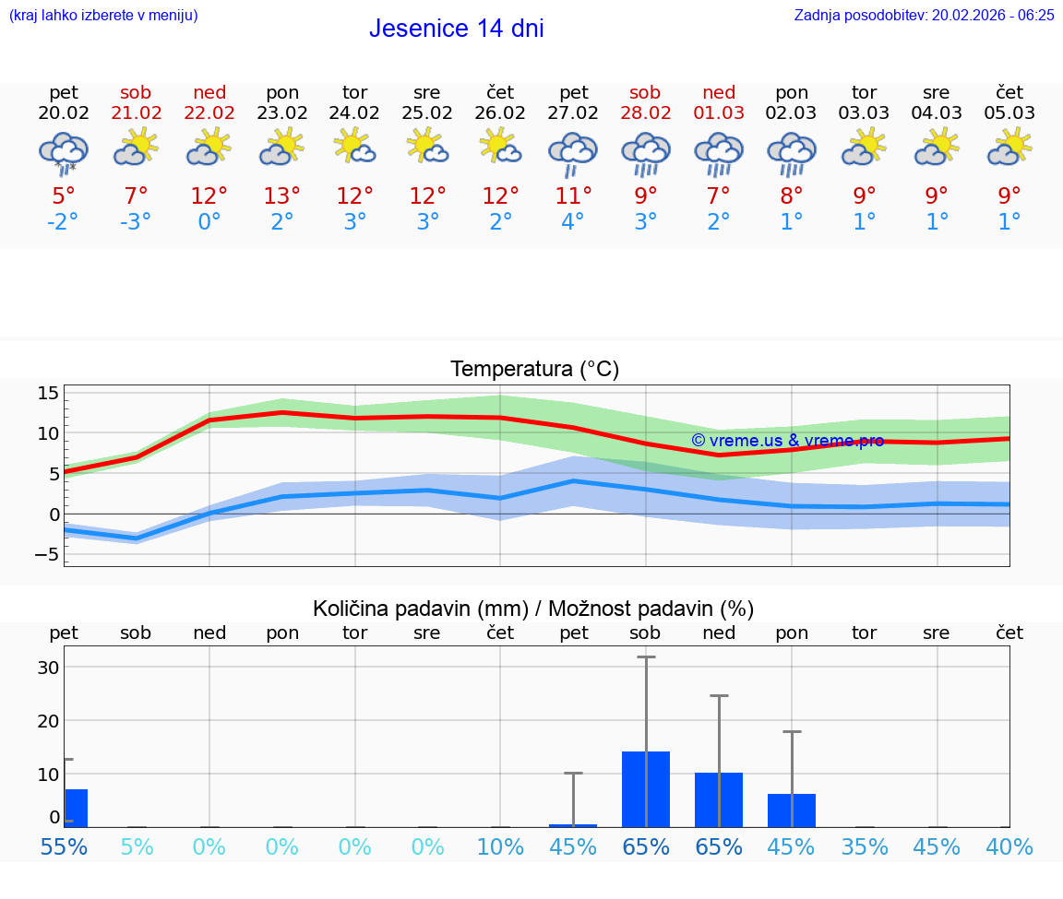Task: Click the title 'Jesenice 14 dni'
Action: tap(456, 29)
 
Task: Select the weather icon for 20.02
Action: tap(63, 151)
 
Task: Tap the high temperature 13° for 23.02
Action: tap(281, 195)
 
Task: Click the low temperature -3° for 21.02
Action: tap(135, 222)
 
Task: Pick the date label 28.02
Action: tap(645, 112)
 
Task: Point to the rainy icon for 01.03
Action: tap(718, 153)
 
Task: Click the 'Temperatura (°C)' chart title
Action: tap(534, 370)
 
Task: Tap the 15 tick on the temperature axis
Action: tap(48, 394)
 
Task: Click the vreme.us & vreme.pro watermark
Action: tap(787, 441)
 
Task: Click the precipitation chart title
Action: tap(533, 609)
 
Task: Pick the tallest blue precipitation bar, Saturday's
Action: tap(645, 789)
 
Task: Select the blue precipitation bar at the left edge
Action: tap(76, 808)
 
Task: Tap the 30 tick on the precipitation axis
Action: tap(48, 668)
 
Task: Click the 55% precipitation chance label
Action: tap(64, 847)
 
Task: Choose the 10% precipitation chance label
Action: tap(500, 847)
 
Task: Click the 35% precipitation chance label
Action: tap(865, 847)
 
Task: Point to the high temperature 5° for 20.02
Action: tap(63, 195)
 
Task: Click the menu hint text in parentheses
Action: tap(103, 15)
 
